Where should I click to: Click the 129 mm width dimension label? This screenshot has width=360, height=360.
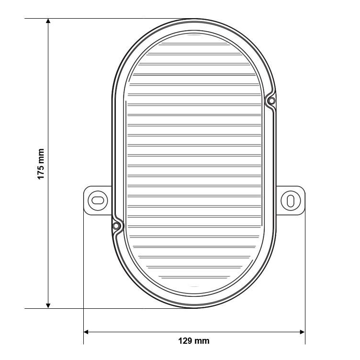194,341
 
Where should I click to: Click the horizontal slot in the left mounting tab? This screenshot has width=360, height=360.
97,200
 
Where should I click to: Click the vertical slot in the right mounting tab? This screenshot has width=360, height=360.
291,200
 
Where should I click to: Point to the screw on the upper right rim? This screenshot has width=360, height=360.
271,101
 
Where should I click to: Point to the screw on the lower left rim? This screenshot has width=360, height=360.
116,225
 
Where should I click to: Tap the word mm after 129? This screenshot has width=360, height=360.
202,341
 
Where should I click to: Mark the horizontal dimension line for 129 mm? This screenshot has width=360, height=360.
144,331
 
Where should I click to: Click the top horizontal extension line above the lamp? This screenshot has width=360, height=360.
96,19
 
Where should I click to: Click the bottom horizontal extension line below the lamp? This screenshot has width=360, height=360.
96,308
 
